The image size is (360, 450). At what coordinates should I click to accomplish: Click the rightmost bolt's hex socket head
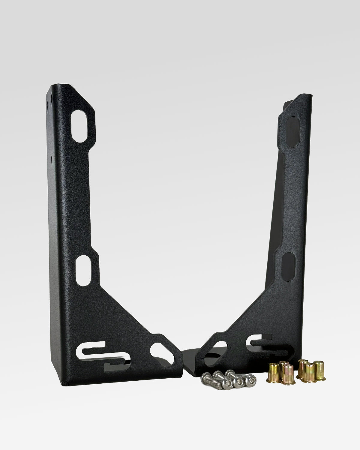pyautogui.click(x=249, y=380)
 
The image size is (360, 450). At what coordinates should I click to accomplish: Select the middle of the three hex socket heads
pyautogui.click(x=239, y=382)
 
